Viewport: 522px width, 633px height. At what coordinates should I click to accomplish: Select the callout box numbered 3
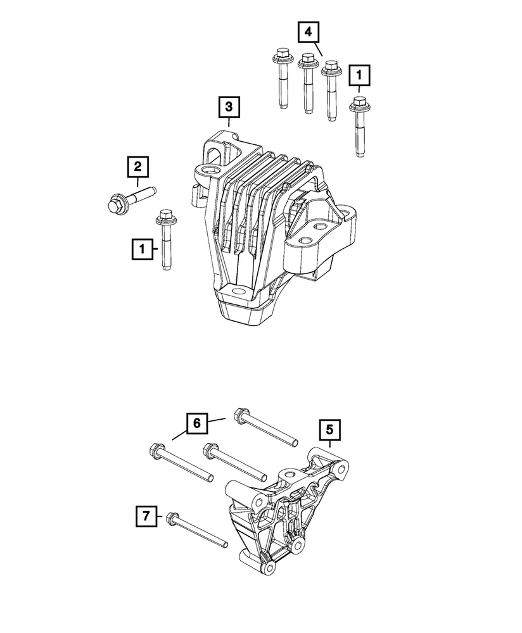pos(229,108)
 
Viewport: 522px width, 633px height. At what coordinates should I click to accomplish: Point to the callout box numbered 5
pos(329,430)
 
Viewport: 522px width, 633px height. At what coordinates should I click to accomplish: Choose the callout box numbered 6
pos(196,423)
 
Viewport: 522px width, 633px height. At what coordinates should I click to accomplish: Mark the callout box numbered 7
pos(146,517)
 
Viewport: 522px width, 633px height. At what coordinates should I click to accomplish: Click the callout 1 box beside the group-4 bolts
pos(359,77)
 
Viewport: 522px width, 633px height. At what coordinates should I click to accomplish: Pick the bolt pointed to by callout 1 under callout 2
pos(165,241)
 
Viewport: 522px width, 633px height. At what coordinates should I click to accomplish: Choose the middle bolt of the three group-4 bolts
pos(308,82)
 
